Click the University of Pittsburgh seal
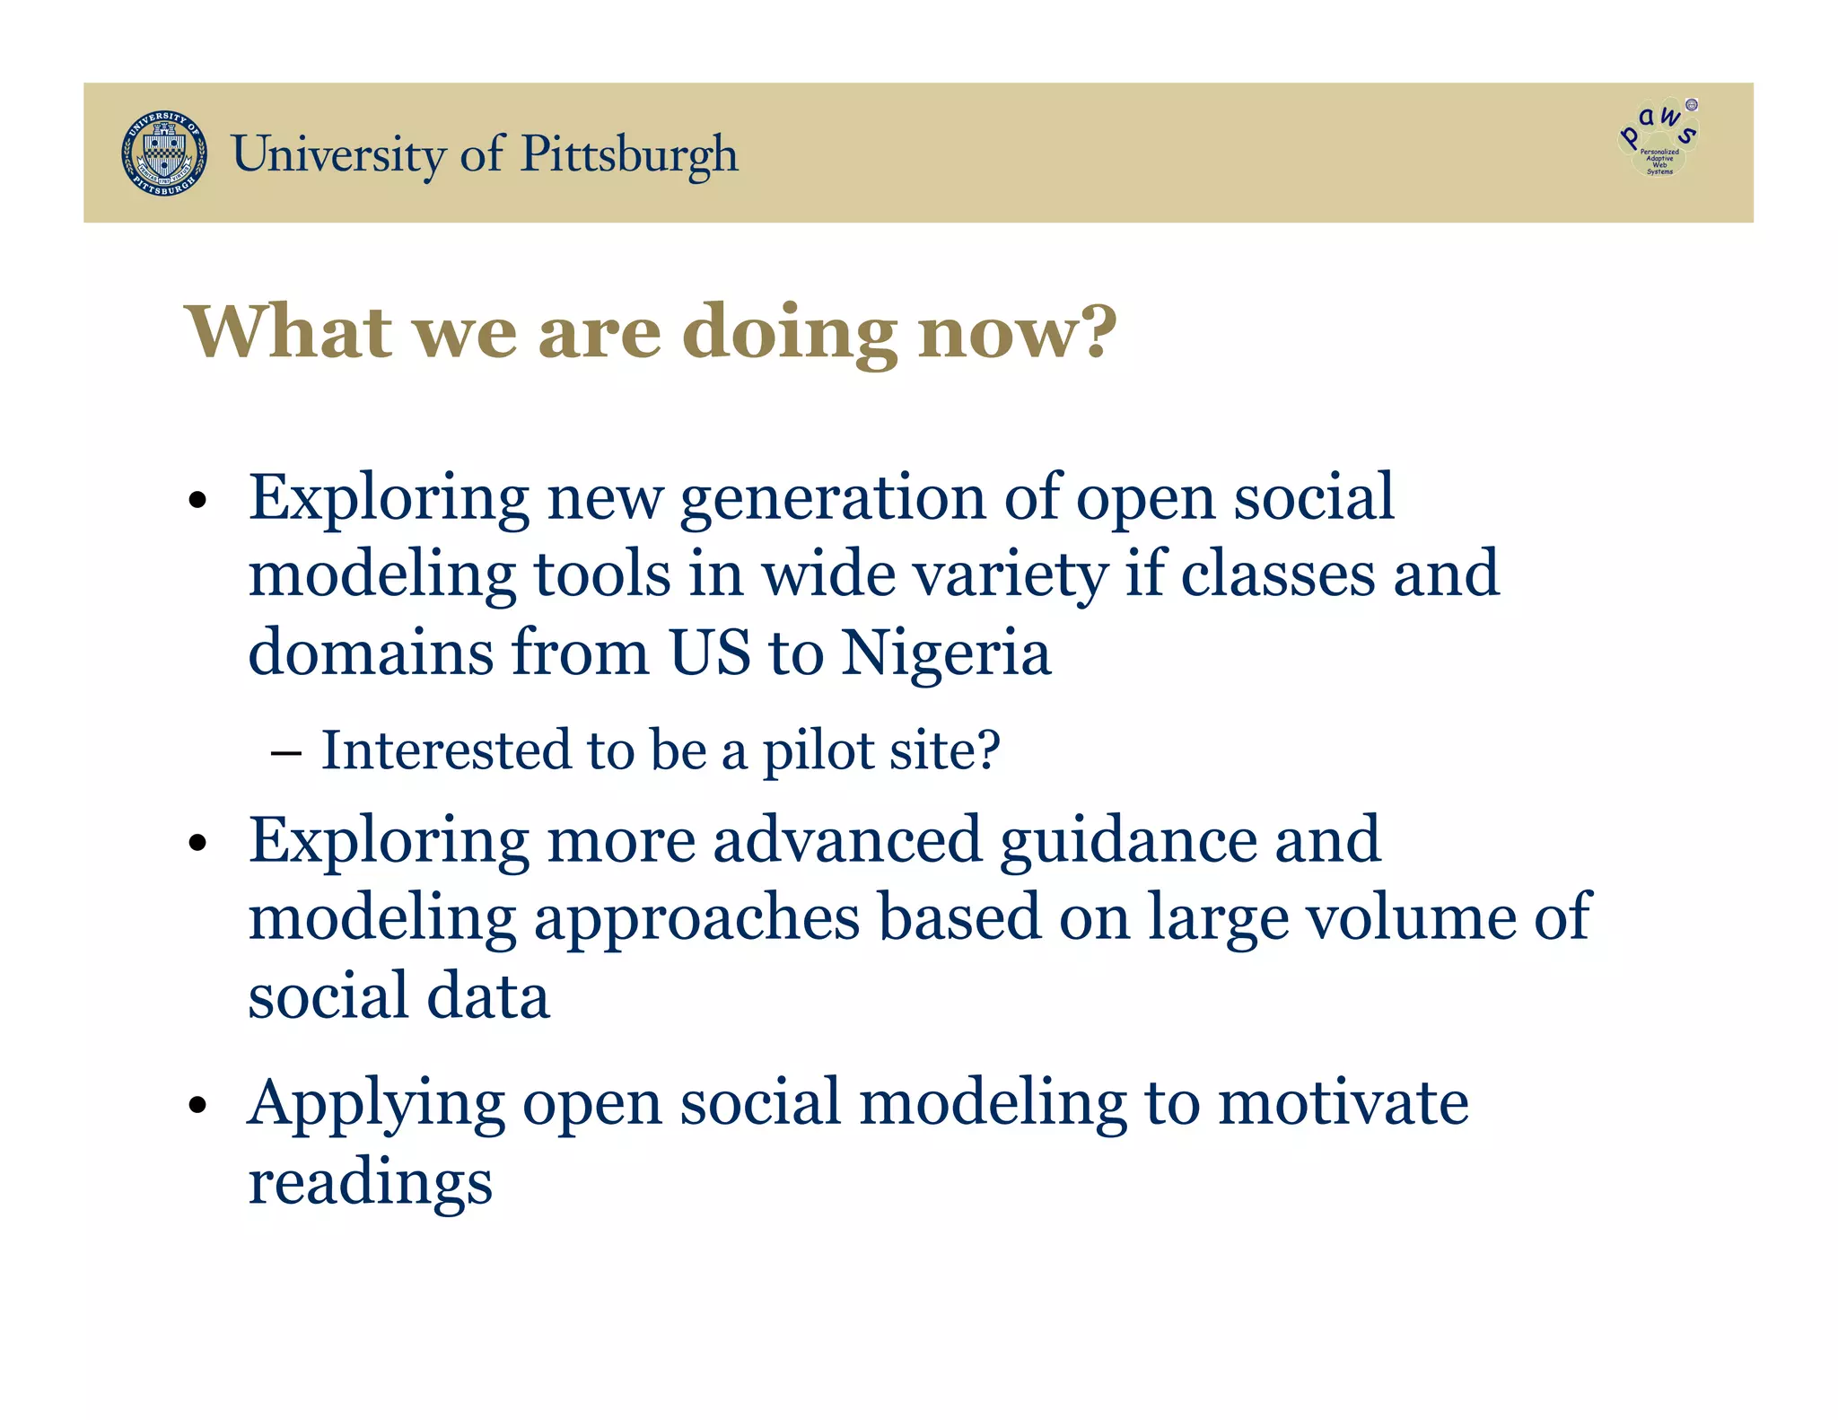(x=164, y=153)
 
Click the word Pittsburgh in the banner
(x=629, y=154)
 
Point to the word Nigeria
(x=946, y=653)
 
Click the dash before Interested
(x=285, y=752)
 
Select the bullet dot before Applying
(x=198, y=1105)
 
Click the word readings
(x=370, y=1183)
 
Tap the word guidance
(x=1128, y=841)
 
